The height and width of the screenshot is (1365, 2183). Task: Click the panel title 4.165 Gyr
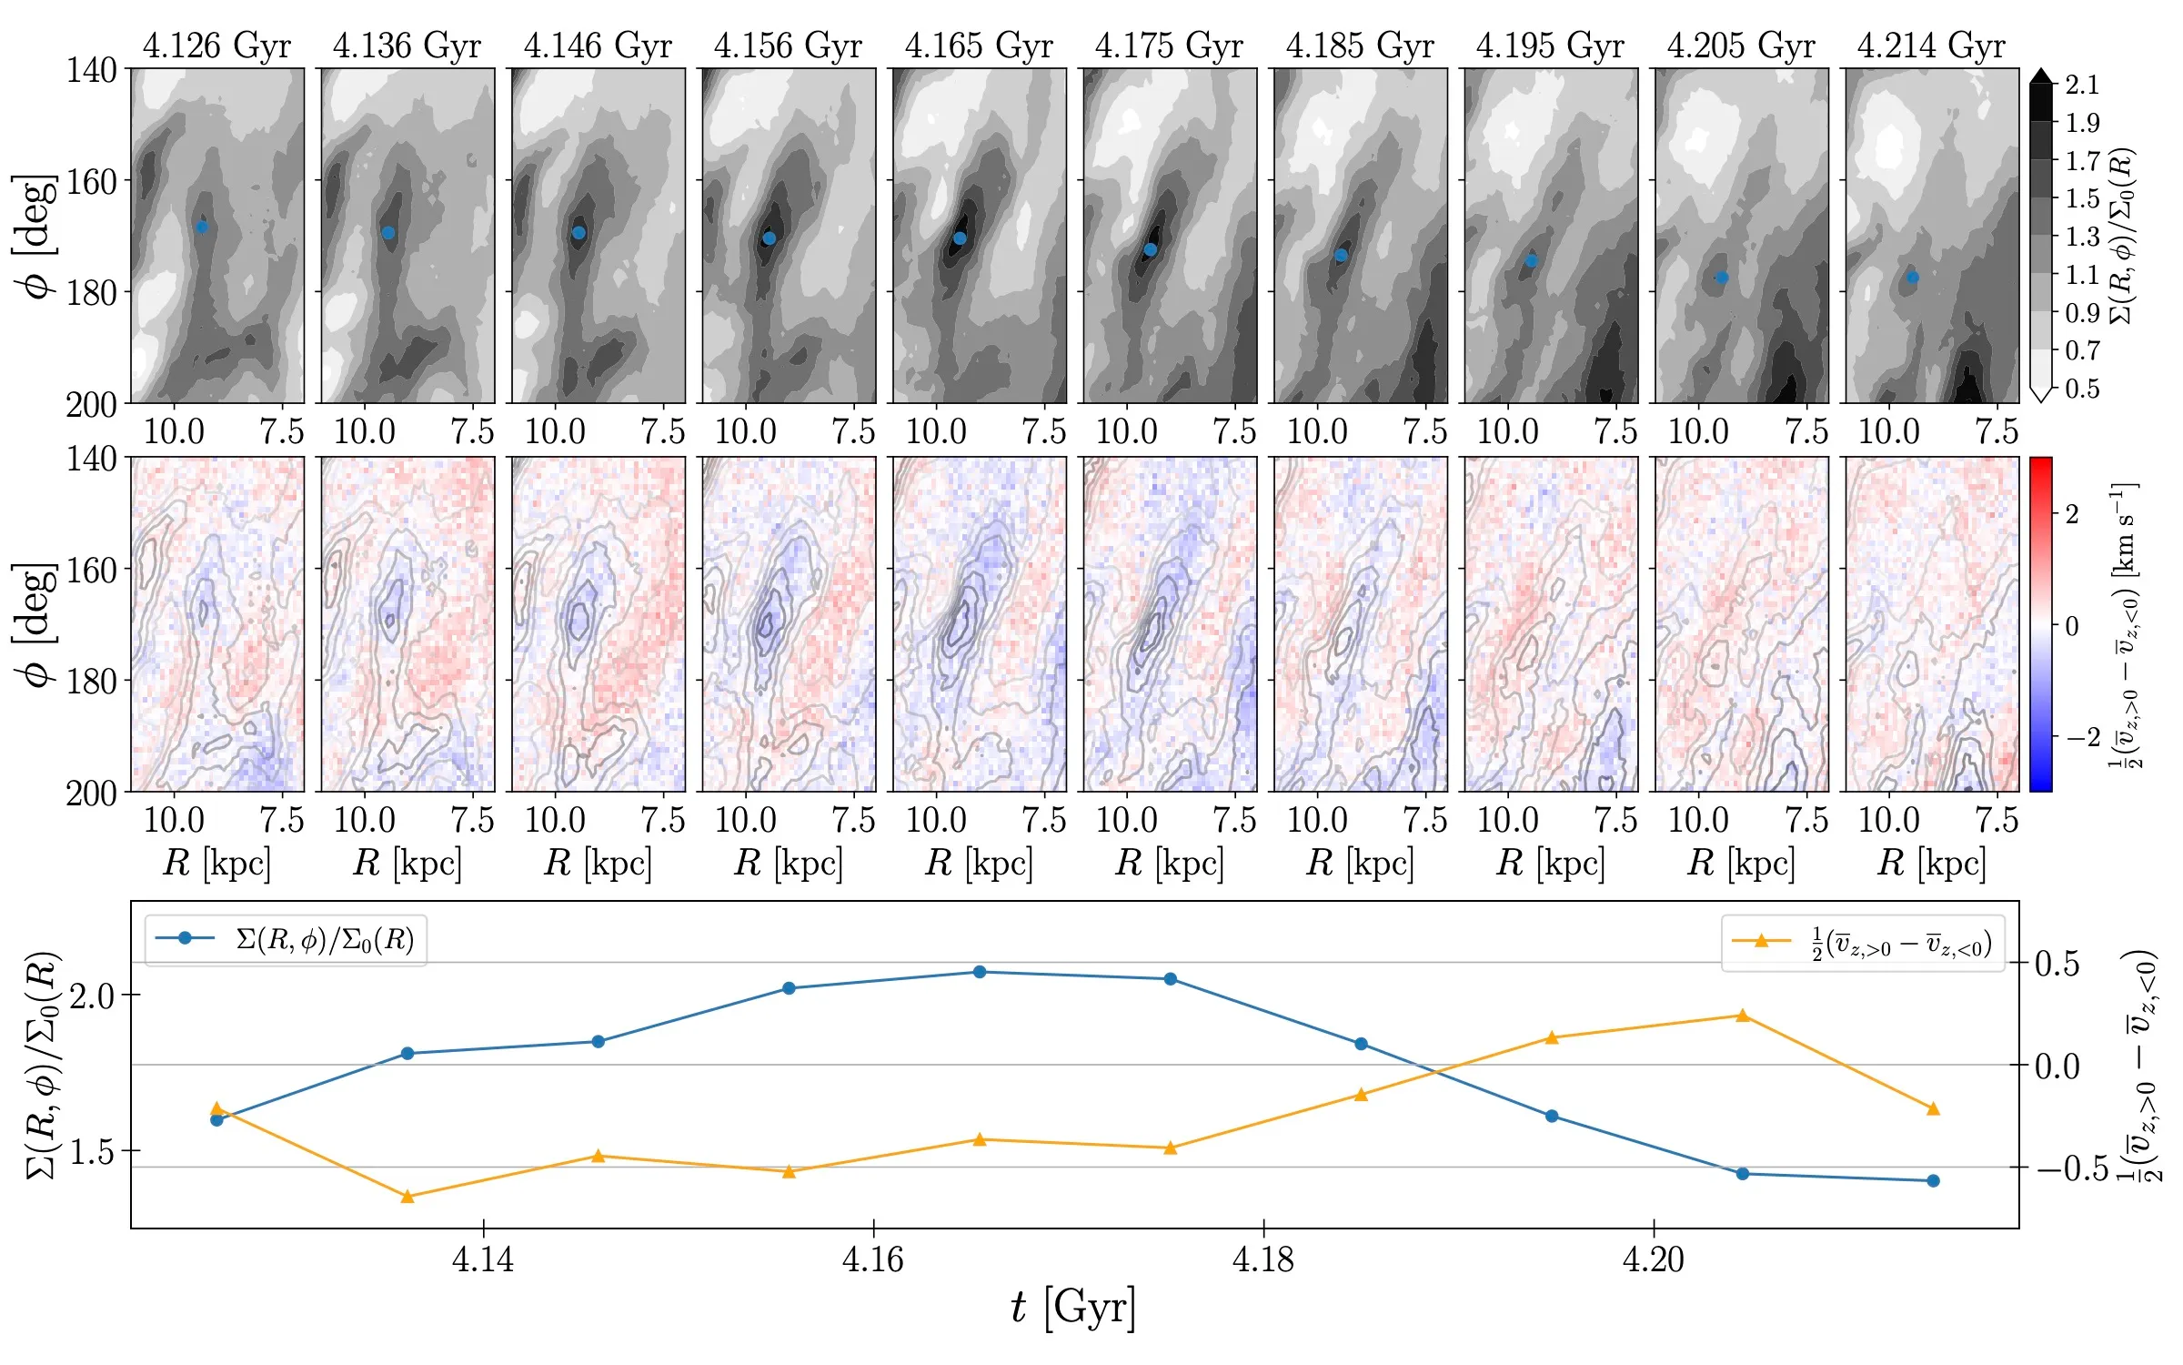978,45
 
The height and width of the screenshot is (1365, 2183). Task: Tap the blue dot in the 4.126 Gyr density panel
202,227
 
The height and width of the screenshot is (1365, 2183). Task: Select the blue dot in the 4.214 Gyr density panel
1913,278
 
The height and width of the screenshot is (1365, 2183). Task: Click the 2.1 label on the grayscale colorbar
2082,86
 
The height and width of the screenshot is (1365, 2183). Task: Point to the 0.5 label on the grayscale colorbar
2082,389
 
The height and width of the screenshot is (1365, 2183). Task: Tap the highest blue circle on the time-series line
980,972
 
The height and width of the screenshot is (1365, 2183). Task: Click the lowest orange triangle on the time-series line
407,1197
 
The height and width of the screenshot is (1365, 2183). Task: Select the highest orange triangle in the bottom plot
1743,1016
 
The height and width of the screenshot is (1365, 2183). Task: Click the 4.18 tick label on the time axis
1263,1259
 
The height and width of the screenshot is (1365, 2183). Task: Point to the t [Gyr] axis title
1073,1309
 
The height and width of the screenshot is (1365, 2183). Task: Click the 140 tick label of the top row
91,70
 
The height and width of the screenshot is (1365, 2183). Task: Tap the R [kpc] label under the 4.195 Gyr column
1550,863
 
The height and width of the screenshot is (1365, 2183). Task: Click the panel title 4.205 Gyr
1740,45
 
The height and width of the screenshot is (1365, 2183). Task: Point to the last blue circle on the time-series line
1934,1181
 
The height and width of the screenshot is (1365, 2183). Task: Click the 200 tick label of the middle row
91,794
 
